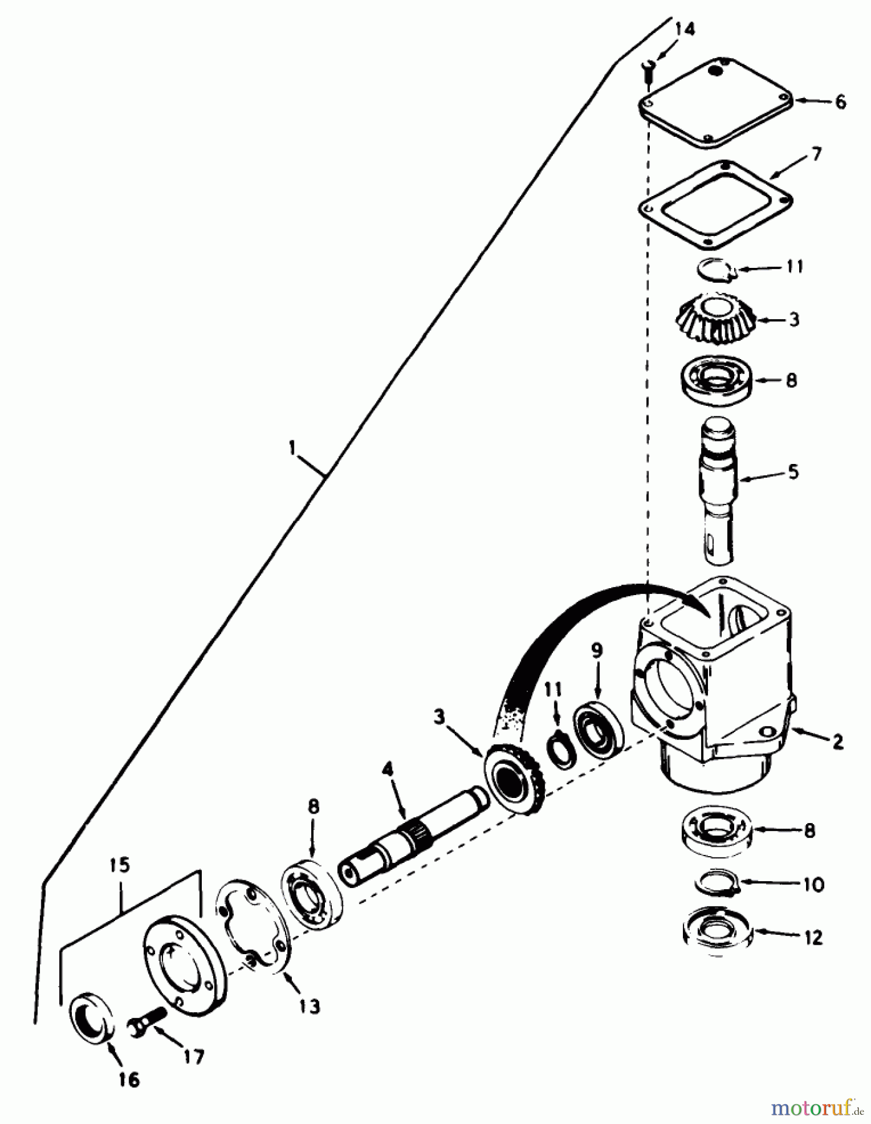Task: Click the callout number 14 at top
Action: (x=685, y=29)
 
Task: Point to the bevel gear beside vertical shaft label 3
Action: (x=715, y=318)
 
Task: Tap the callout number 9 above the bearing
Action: (x=597, y=651)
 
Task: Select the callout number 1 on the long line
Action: (x=291, y=448)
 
